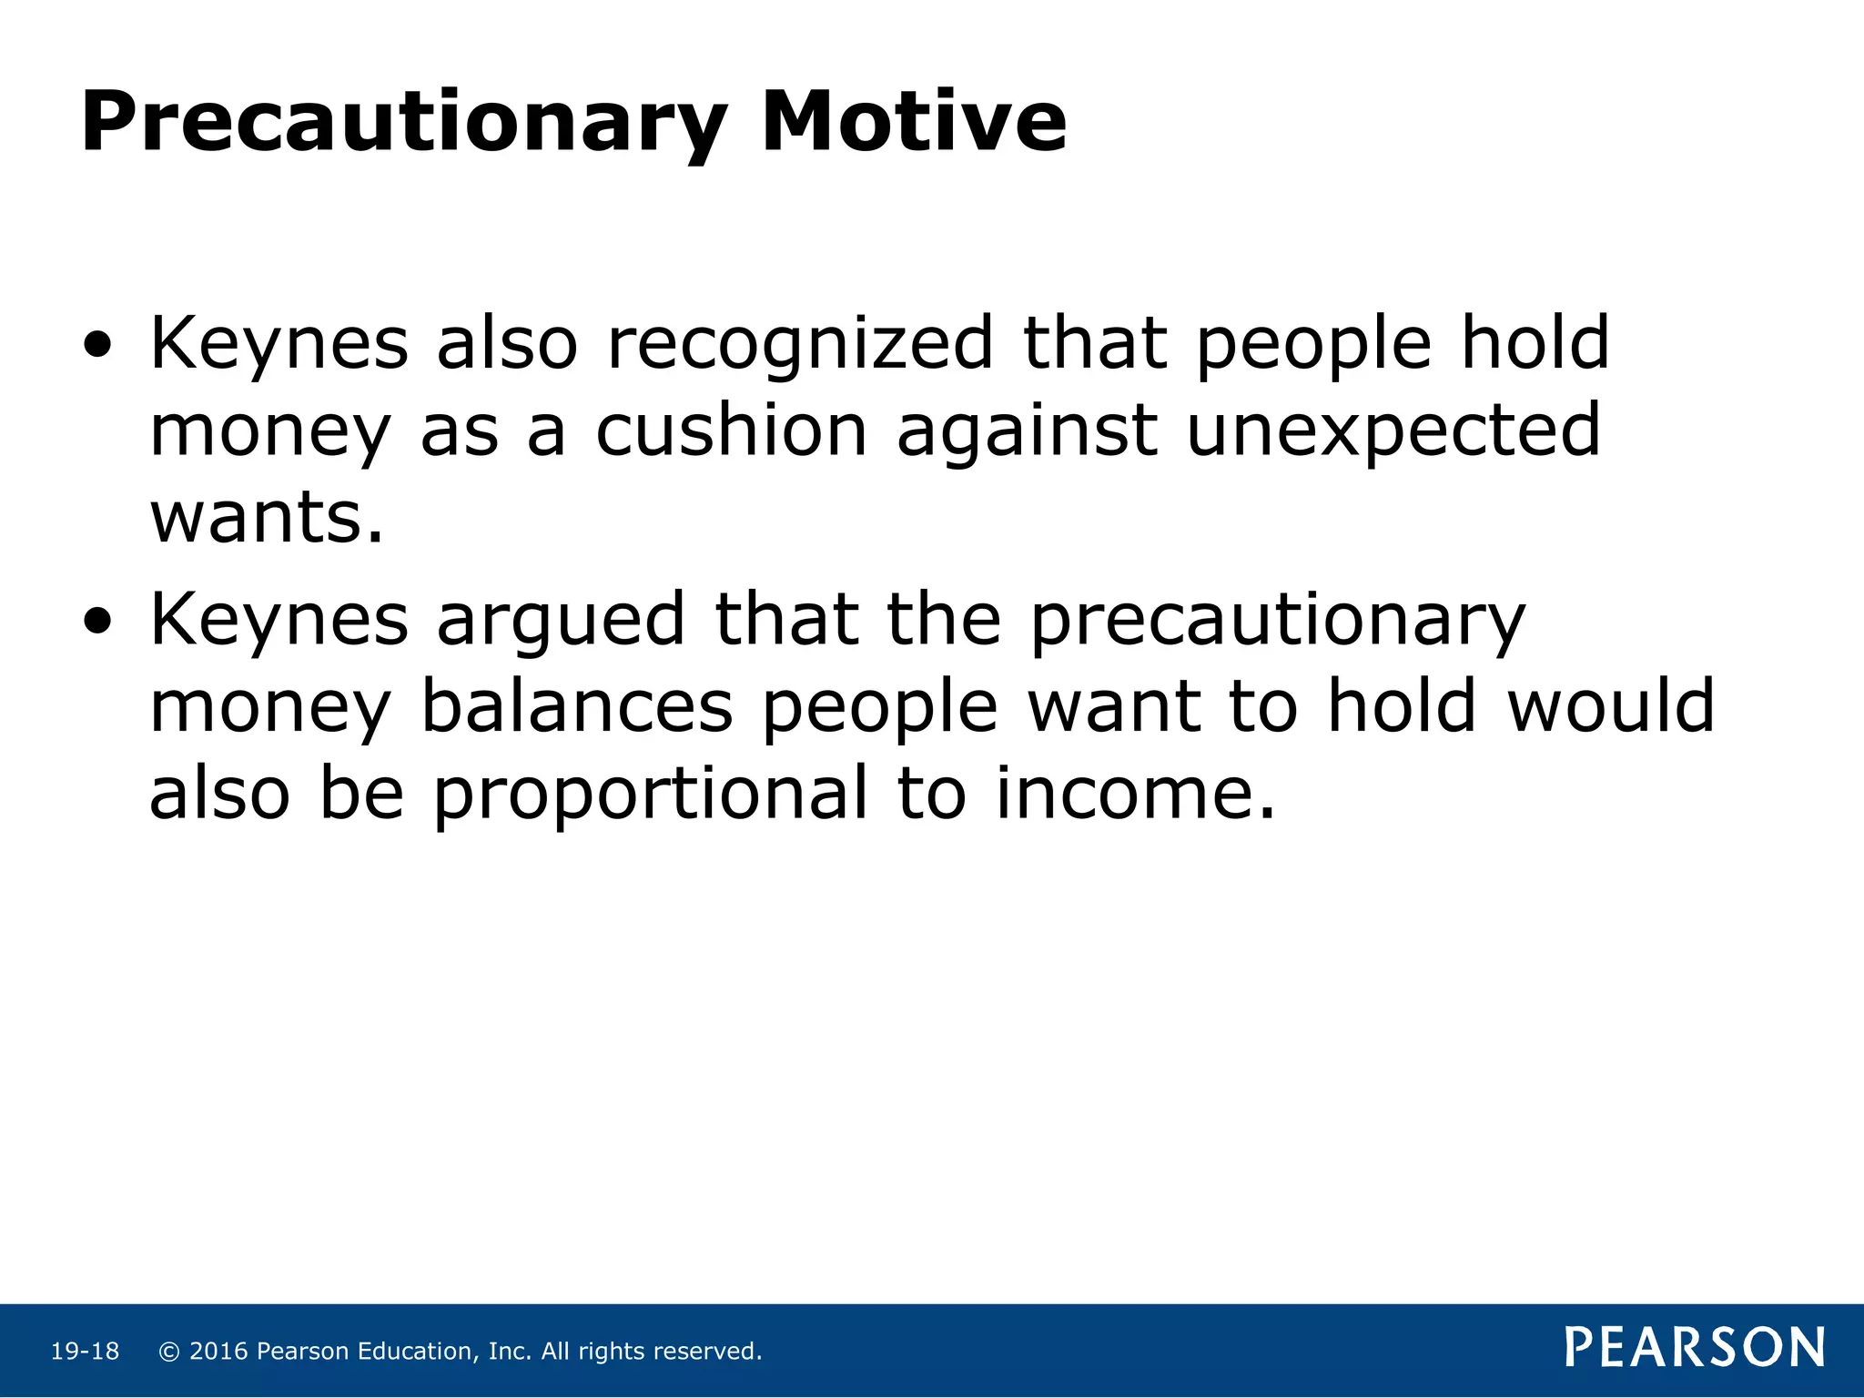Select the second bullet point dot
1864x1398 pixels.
click(x=97, y=622)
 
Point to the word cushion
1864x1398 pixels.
click(x=731, y=431)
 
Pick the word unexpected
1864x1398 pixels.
click(x=1393, y=431)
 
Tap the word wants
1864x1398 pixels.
click(x=266, y=518)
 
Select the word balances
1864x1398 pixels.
click(x=577, y=707)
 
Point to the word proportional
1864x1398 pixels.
click(x=650, y=794)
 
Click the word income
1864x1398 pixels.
click(x=1135, y=794)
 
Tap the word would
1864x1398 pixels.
click(x=1611, y=707)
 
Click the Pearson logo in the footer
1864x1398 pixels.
click(x=1695, y=1348)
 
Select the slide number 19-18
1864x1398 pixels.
click(x=85, y=1352)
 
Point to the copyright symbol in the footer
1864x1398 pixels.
click(x=168, y=1352)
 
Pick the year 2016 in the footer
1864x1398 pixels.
click(x=218, y=1352)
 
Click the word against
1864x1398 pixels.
click(x=1027, y=431)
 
